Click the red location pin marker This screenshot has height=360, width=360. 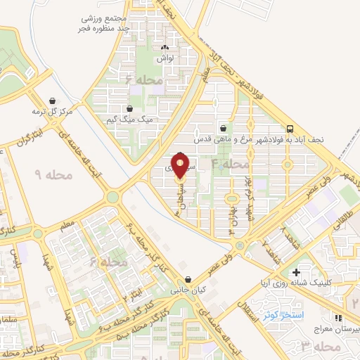tap(181, 166)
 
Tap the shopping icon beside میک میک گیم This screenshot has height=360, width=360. tap(130, 108)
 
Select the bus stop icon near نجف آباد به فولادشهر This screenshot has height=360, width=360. tap(290, 129)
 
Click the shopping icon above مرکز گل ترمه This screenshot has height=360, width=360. tap(53, 101)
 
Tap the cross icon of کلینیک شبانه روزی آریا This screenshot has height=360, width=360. tap(295, 272)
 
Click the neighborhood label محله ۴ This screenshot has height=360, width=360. tap(231, 164)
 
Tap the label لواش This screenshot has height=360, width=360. tap(167, 59)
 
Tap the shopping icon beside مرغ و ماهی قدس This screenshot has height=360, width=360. tap(223, 128)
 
